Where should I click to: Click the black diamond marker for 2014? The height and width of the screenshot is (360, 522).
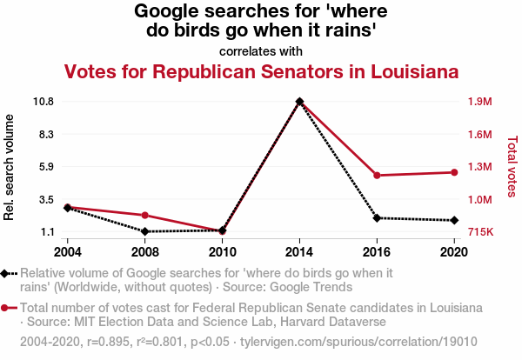point(299,102)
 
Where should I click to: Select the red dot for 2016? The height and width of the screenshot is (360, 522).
point(376,176)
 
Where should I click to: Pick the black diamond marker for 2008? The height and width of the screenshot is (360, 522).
point(145,231)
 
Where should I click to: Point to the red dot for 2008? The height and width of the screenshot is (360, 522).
point(145,215)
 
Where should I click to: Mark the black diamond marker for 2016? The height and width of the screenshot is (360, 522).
point(376,217)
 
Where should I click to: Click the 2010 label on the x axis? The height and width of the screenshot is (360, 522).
point(222,252)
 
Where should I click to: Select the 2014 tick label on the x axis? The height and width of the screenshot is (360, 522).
point(299,252)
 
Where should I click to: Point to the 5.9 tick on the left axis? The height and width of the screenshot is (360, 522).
point(45,167)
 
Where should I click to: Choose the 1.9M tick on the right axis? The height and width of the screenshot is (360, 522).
point(480,102)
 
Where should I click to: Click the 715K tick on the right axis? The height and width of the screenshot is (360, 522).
point(480,232)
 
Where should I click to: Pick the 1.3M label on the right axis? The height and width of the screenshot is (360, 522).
point(480,167)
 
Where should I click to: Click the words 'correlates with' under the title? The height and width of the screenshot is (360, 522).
point(261,51)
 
